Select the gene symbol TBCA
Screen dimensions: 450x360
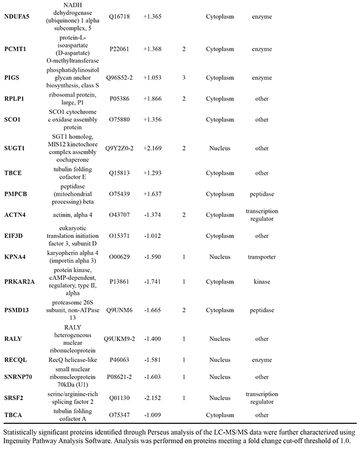click(x=14, y=413)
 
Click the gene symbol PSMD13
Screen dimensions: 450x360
click(x=17, y=309)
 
